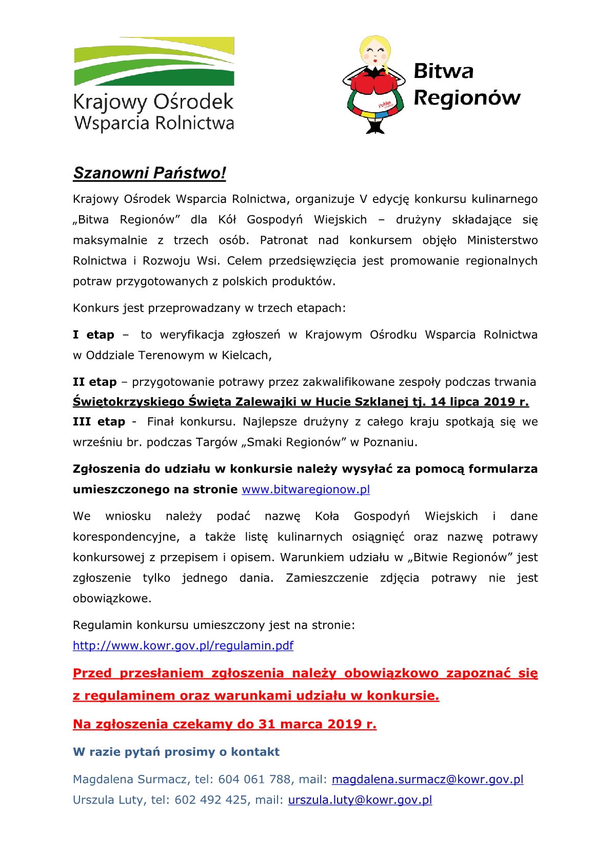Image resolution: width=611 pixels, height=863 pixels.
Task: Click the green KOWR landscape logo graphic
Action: tap(154, 61)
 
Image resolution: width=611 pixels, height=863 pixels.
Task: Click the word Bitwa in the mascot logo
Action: tap(443, 71)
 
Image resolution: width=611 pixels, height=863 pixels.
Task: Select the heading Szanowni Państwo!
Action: tap(149, 173)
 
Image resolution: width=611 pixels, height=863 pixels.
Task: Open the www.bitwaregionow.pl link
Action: tap(306, 489)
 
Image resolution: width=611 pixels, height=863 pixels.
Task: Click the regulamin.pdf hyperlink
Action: tap(183, 646)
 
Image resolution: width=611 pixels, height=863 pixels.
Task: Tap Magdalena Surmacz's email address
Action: tap(427, 779)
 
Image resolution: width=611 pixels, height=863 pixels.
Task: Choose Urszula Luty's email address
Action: tap(360, 800)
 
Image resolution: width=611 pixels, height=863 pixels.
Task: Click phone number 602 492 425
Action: tap(211, 800)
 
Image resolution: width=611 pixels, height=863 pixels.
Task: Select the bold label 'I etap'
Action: tap(93, 335)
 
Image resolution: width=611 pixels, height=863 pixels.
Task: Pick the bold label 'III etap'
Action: tap(99, 422)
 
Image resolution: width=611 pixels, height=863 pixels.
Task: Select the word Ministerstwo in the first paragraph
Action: tap(502, 240)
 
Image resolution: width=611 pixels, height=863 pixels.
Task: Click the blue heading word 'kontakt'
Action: tap(255, 752)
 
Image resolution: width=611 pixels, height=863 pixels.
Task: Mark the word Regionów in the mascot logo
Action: tap(467, 97)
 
